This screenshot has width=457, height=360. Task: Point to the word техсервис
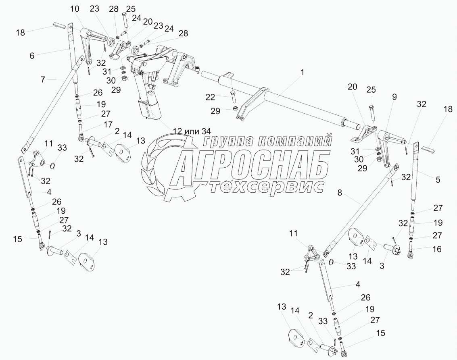tap(267, 186)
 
